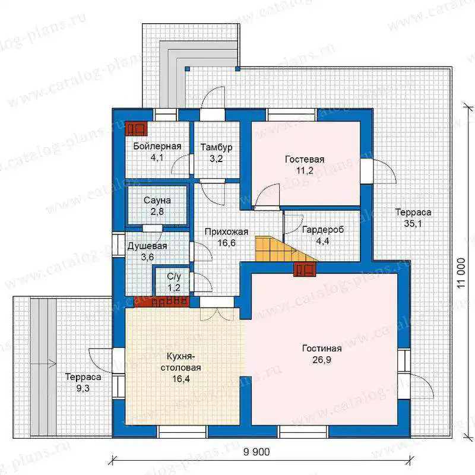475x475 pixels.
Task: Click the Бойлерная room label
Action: tap(157, 146)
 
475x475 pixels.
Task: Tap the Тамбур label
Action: tap(216, 147)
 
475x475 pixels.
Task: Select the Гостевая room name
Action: tap(305, 159)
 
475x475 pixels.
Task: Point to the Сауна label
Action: tap(157, 200)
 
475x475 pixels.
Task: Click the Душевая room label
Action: tap(147, 246)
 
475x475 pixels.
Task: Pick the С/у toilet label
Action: tap(174, 277)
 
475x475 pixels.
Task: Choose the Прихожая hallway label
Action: tap(226, 232)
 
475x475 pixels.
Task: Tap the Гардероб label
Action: tap(323, 230)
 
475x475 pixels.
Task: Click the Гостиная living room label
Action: tap(322, 349)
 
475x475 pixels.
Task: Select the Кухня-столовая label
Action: tap(180, 362)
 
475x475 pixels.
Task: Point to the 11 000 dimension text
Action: tap(461, 273)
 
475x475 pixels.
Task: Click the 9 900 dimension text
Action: tap(256, 452)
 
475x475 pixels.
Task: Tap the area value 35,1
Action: tap(413, 224)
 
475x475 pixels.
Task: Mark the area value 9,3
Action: tap(83, 388)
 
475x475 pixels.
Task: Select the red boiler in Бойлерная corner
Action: tap(137, 129)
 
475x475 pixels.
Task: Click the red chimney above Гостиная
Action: tap(305, 269)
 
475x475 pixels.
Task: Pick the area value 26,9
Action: tap(322, 360)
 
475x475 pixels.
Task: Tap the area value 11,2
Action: tap(305, 170)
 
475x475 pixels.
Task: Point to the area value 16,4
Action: tap(181, 379)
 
